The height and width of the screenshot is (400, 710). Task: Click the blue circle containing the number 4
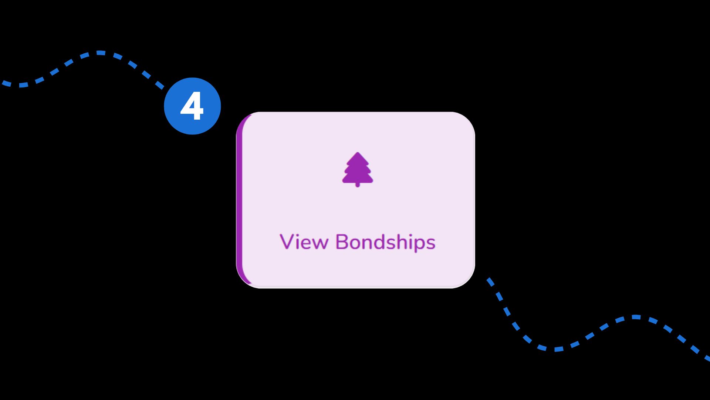(192, 106)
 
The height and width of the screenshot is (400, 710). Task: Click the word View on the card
(304, 242)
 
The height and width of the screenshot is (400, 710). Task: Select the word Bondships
(385, 243)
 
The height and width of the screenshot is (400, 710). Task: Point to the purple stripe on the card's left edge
(240, 200)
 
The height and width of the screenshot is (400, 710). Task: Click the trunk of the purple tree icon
(358, 184)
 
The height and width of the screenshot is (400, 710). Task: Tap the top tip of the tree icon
(358, 153)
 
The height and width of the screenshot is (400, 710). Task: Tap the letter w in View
(320, 243)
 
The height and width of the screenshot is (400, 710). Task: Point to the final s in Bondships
(431, 244)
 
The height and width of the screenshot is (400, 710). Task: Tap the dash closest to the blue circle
(159, 86)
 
